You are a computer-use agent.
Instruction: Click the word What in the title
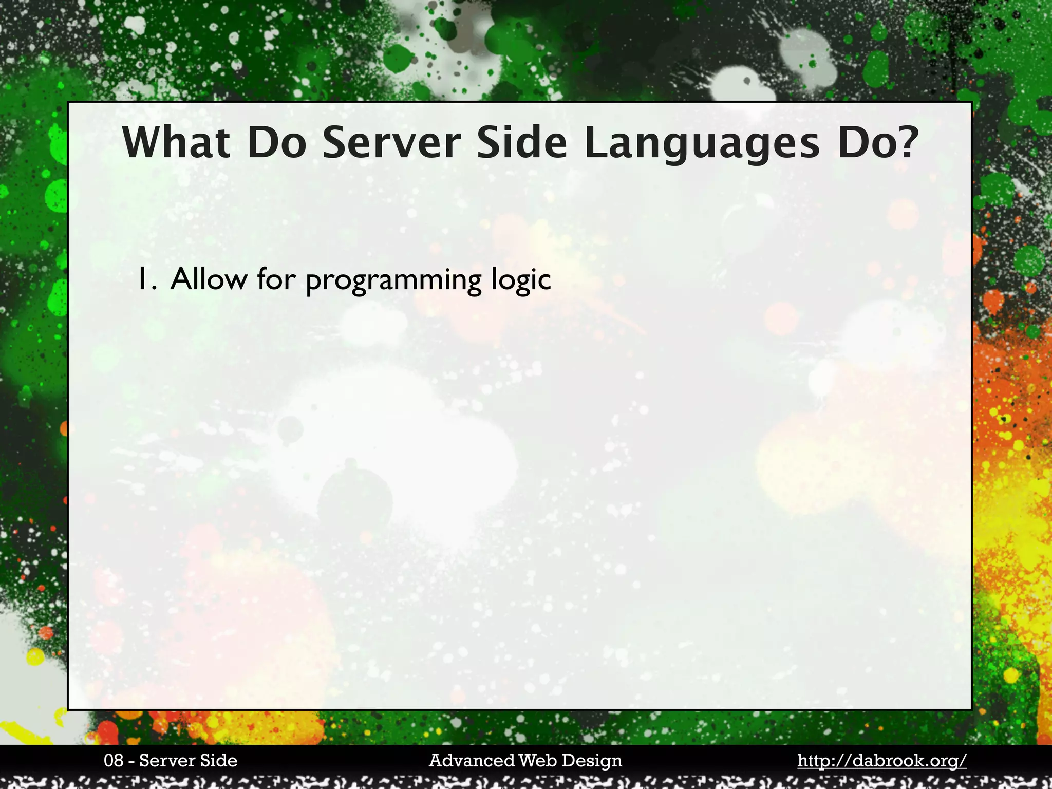tap(176, 143)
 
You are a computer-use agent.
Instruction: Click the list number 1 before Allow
tap(146, 279)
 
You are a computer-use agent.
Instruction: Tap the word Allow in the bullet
tap(208, 279)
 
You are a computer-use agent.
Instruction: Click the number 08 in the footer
tap(114, 761)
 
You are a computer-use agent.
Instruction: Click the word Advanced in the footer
tap(472, 761)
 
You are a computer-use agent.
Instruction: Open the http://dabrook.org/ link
tap(881, 761)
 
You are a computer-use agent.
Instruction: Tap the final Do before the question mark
tap(866, 143)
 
